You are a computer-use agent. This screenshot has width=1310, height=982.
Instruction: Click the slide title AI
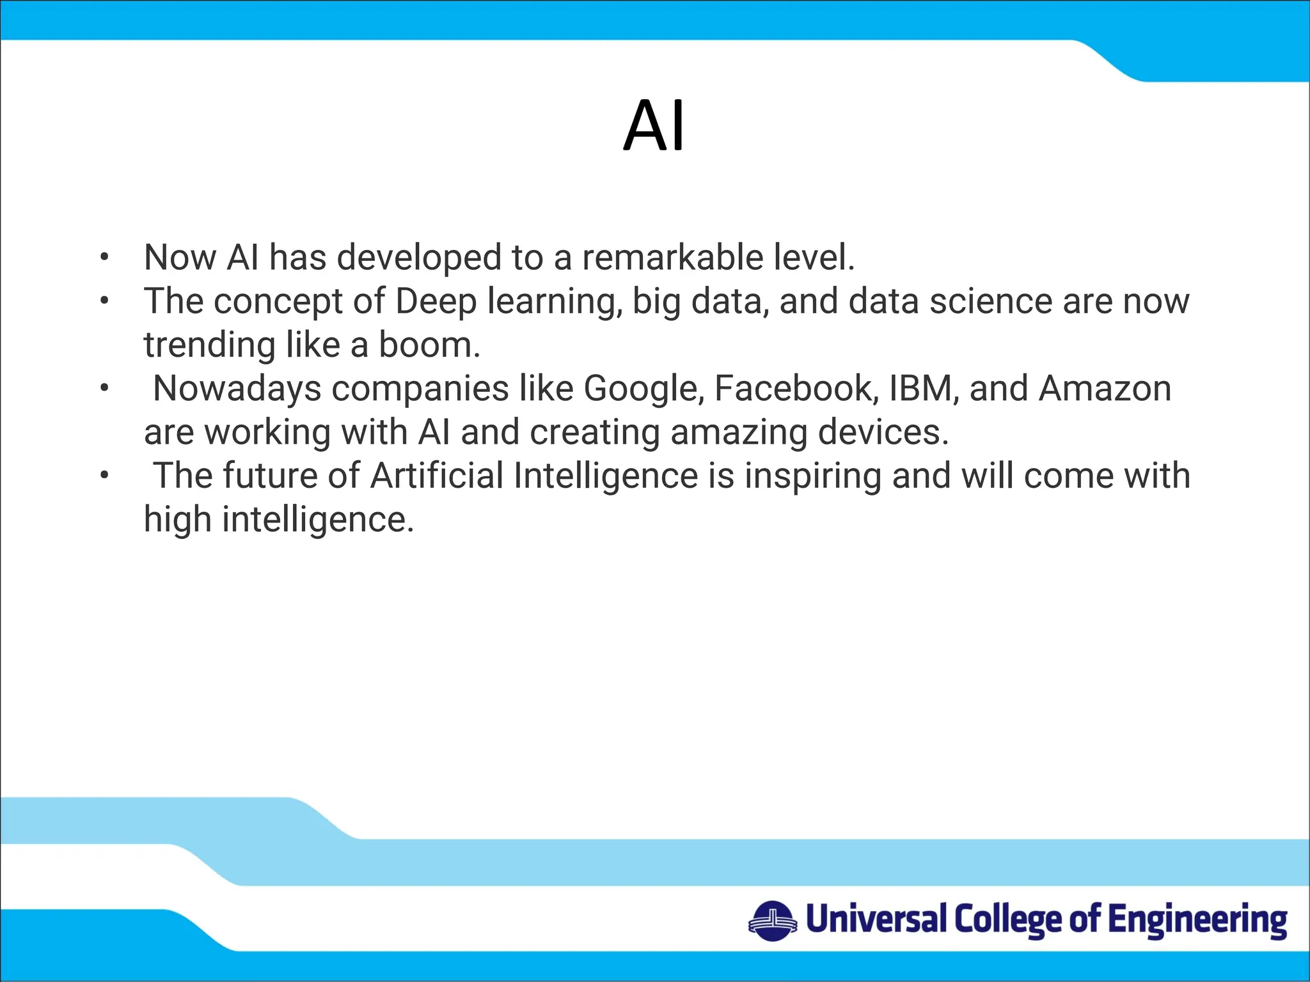(654, 126)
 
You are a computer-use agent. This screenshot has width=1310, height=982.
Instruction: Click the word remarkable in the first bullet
(672, 258)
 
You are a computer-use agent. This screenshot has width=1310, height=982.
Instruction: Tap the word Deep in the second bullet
(436, 301)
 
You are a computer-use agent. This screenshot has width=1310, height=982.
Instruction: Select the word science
(990, 301)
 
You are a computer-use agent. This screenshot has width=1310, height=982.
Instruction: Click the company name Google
(643, 389)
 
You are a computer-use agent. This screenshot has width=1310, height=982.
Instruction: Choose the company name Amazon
(1105, 389)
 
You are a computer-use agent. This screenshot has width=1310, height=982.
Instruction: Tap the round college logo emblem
(773, 921)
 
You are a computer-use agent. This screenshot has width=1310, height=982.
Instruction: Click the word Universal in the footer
(876, 919)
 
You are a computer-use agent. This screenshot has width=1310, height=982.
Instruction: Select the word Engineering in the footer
(1197, 921)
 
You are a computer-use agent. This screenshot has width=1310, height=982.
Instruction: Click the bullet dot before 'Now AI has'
(104, 258)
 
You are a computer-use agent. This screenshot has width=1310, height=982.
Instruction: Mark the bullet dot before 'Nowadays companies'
(104, 389)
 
